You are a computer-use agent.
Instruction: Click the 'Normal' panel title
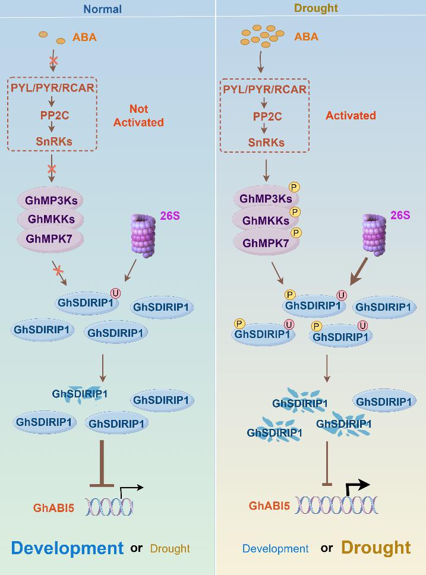[x=102, y=9]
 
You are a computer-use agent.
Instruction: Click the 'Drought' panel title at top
[x=315, y=8]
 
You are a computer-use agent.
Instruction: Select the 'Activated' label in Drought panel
[x=351, y=115]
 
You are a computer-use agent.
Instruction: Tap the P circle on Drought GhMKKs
[x=295, y=212]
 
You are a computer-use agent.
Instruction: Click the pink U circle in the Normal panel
[x=116, y=292]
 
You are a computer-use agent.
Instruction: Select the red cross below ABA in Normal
[x=53, y=61]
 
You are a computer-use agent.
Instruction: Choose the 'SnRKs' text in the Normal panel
[x=52, y=141]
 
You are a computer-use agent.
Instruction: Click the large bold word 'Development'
[x=67, y=548]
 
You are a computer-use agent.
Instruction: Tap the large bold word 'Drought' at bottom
[x=375, y=547]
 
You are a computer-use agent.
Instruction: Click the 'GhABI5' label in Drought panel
[x=269, y=506]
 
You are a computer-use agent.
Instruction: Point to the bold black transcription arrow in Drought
[x=357, y=487]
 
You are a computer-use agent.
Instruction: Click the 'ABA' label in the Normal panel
[x=84, y=37]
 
